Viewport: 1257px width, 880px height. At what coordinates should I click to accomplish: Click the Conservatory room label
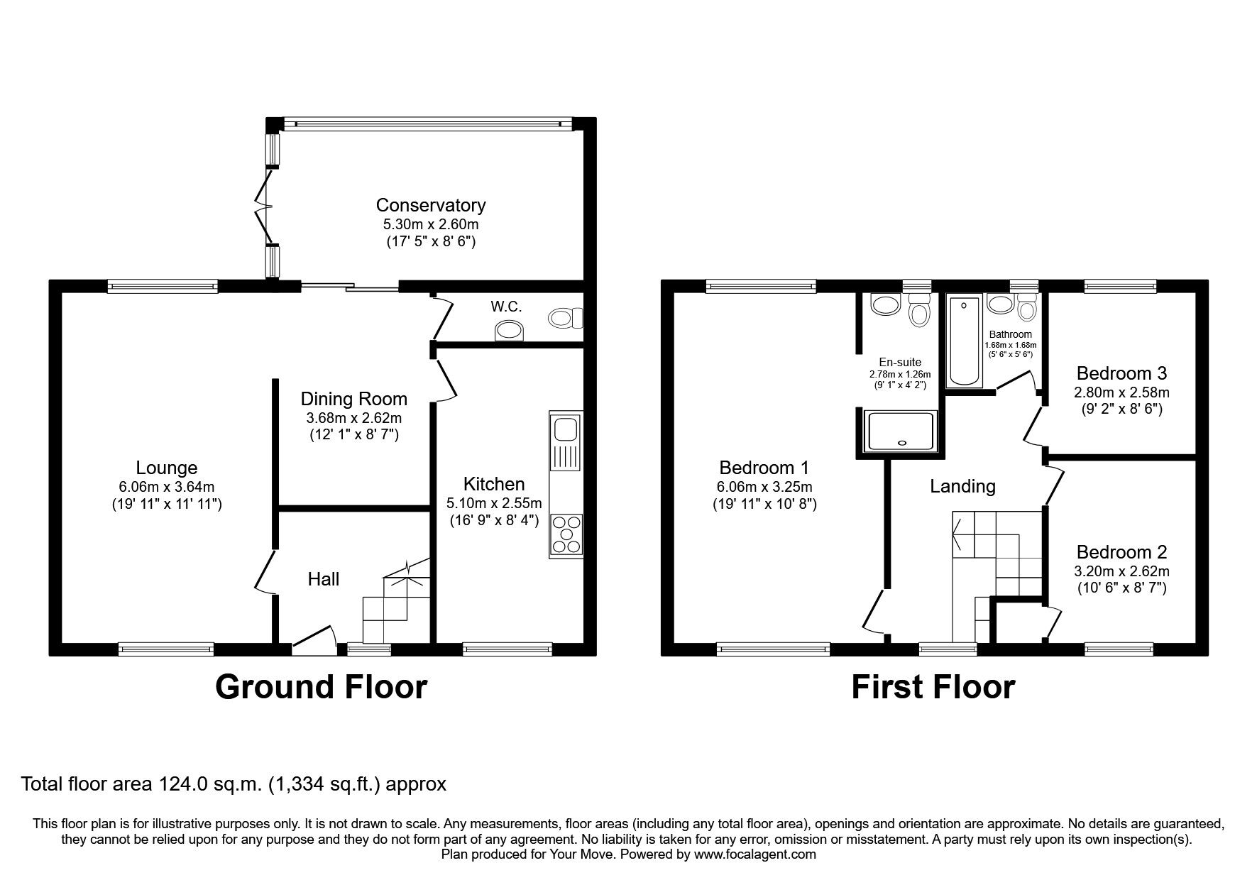(x=430, y=205)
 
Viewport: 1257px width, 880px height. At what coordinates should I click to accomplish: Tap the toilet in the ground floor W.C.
(x=565, y=318)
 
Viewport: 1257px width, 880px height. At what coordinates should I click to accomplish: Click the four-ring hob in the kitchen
(x=566, y=534)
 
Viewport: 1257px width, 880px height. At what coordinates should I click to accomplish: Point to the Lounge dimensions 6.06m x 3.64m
(x=167, y=487)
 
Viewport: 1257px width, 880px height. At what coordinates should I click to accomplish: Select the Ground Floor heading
(x=321, y=687)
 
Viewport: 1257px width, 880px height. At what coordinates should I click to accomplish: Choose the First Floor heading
(x=933, y=687)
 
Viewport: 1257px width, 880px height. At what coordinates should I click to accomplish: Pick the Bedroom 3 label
(x=1121, y=373)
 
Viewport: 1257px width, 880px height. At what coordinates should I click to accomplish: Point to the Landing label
(x=962, y=486)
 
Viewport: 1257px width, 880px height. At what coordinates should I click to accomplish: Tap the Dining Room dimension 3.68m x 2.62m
(x=353, y=417)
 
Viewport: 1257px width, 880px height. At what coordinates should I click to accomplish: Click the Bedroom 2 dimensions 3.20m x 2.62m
(x=1121, y=571)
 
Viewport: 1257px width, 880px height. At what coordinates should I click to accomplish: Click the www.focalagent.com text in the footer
(x=754, y=854)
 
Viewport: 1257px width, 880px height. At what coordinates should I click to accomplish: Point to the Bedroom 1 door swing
(x=874, y=610)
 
